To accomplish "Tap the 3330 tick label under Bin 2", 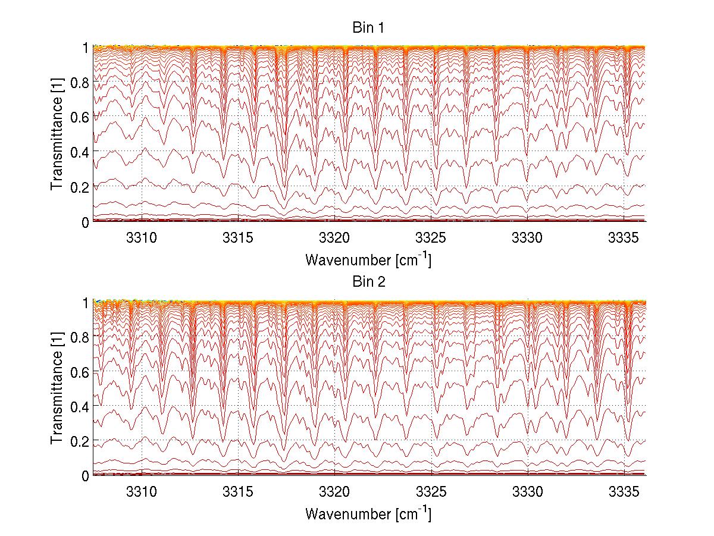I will (528, 491).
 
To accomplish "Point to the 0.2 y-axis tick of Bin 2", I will (80, 441).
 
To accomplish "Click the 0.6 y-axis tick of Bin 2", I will (80, 372).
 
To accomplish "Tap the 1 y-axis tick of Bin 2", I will (86, 302).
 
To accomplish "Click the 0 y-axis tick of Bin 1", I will (86, 222).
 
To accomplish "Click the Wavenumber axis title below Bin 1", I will (368, 259).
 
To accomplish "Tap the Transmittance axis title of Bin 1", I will (57, 135).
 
